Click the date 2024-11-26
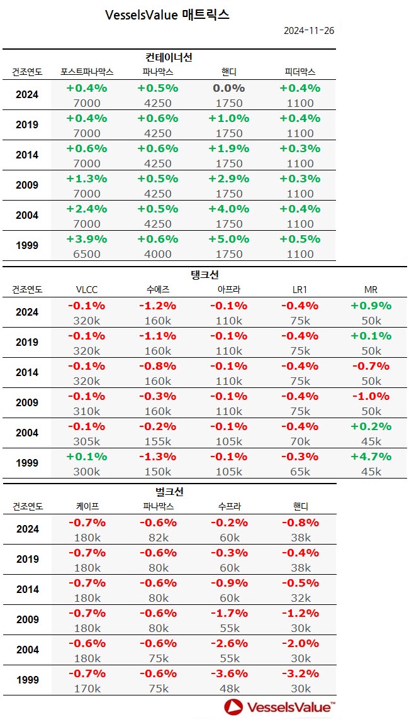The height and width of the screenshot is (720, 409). tap(309, 31)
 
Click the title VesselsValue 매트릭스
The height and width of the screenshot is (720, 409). tap(167, 15)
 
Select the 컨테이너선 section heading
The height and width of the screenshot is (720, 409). tap(169, 57)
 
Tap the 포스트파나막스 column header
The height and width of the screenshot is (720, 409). tap(87, 72)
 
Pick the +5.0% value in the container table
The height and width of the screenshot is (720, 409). tap(228, 239)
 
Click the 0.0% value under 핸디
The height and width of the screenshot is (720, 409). tap(228, 88)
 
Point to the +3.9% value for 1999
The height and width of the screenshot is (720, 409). tap(87, 239)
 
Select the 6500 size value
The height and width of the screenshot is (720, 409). tap(87, 254)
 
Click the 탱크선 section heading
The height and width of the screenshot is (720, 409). tap(204, 275)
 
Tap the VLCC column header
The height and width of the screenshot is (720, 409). tap(87, 289)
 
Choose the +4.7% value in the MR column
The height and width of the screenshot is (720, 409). tap(371, 457)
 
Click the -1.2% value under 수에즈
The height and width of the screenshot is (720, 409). tap(158, 306)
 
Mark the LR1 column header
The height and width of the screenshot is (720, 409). tap(300, 289)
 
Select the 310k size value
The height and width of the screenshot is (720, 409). tap(87, 411)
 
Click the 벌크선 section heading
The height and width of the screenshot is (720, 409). tap(169, 492)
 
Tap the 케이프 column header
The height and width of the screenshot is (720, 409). tap(87, 506)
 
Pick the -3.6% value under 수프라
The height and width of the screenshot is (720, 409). tap(228, 673)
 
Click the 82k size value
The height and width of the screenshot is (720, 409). tap(158, 538)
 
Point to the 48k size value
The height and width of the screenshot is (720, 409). tap(228, 689)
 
